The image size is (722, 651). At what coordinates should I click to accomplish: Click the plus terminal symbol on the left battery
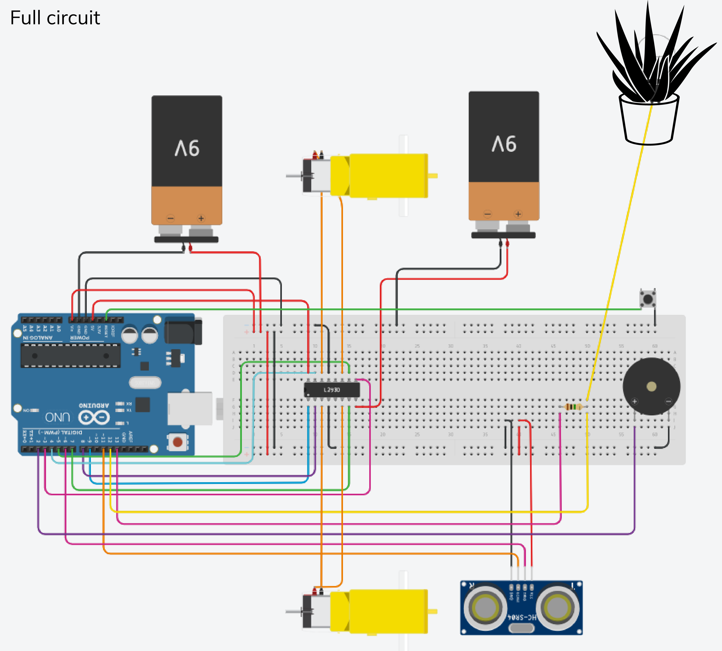[201, 218]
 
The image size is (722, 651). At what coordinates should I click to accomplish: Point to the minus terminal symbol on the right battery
[488, 214]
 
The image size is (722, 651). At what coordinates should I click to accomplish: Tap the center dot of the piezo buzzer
[651, 386]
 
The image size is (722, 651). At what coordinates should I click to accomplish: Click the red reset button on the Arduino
[177, 442]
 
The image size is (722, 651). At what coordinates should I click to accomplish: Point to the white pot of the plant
[649, 122]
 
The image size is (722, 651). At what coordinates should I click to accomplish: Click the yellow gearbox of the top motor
[388, 176]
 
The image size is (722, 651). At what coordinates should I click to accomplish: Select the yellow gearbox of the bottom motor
[388, 611]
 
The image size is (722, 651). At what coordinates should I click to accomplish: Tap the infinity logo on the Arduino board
[94, 417]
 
